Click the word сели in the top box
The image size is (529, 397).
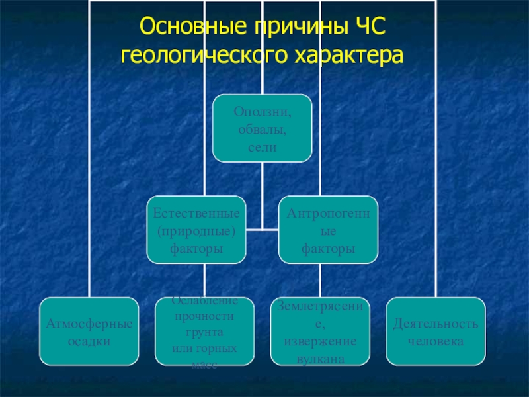[263, 147]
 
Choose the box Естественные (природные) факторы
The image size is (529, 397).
[196, 229]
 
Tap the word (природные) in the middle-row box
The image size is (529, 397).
[196, 231]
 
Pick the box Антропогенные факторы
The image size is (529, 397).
[329, 229]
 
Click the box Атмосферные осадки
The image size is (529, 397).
[89, 331]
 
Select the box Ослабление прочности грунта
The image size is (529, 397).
[205, 331]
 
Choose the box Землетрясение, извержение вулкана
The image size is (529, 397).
[320, 331]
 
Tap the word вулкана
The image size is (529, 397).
[320, 357]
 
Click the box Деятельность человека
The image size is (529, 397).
[436, 331]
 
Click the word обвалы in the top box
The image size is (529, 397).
[263, 128]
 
